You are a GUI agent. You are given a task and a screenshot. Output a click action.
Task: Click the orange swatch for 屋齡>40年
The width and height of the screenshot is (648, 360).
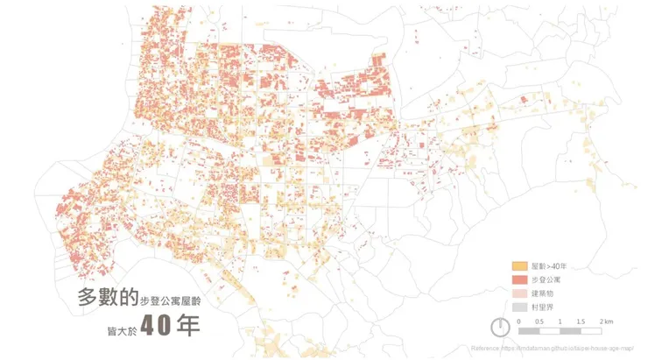[519, 265]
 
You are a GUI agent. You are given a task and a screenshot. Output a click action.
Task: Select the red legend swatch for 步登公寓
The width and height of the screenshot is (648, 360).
[519, 279]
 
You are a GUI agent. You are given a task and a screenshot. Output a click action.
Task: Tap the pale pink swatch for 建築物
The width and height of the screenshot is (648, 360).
[519, 293]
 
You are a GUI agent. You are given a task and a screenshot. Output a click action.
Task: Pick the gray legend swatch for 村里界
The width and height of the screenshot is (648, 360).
[519, 307]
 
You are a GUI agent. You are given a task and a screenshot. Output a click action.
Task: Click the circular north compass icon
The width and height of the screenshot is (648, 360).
[499, 327]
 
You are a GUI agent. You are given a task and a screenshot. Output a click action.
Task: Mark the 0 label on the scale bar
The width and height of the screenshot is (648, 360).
[519, 321]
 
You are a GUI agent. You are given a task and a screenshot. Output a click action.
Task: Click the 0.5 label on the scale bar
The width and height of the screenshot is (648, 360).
[540, 321]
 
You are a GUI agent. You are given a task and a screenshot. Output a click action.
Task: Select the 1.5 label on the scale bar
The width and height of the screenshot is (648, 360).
[581, 321]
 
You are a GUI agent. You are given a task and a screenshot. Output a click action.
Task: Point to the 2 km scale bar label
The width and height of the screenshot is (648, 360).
[605, 321]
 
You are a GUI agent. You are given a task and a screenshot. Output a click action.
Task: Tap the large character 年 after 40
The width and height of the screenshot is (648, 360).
[187, 325]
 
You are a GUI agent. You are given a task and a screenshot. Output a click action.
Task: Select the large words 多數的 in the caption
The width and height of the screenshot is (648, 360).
[108, 298]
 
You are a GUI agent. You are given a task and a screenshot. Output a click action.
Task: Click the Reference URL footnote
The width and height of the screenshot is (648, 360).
[552, 348]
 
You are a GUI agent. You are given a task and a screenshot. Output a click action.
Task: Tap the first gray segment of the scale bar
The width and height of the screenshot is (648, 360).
[529, 331]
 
